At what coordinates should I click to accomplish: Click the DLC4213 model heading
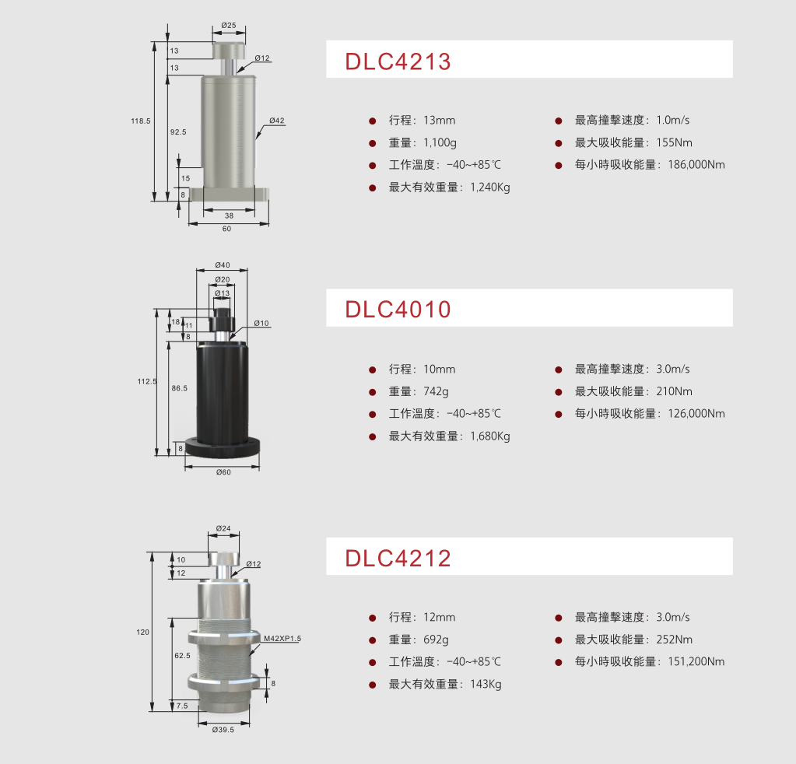click(x=398, y=61)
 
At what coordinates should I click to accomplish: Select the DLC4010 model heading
click(x=398, y=310)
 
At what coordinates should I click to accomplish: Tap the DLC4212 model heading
click(x=398, y=559)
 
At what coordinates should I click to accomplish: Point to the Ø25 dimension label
click(x=229, y=26)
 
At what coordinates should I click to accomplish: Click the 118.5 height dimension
click(x=141, y=121)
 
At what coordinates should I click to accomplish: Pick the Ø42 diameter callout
click(x=277, y=121)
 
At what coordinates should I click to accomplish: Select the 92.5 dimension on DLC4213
click(x=178, y=132)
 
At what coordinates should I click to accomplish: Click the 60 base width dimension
click(x=227, y=229)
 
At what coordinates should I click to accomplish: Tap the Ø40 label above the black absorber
click(x=223, y=265)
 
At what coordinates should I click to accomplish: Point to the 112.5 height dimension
click(x=147, y=381)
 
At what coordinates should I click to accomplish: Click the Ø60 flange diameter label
click(x=223, y=472)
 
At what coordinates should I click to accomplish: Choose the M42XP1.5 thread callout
click(x=282, y=639)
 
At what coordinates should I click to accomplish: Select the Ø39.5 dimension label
click(x=223, y=730)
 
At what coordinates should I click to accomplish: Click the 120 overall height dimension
click(x=142, y=632)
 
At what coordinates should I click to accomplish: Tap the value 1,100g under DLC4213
click(x=440, y=142)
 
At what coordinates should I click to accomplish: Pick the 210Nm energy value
click(x=674, y=391)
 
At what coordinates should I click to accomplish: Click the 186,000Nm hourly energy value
click(x=696, y=165)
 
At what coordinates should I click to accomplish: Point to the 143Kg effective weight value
click(x=486, y=685)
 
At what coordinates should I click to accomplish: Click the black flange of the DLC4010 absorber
click(x=223, y=447)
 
